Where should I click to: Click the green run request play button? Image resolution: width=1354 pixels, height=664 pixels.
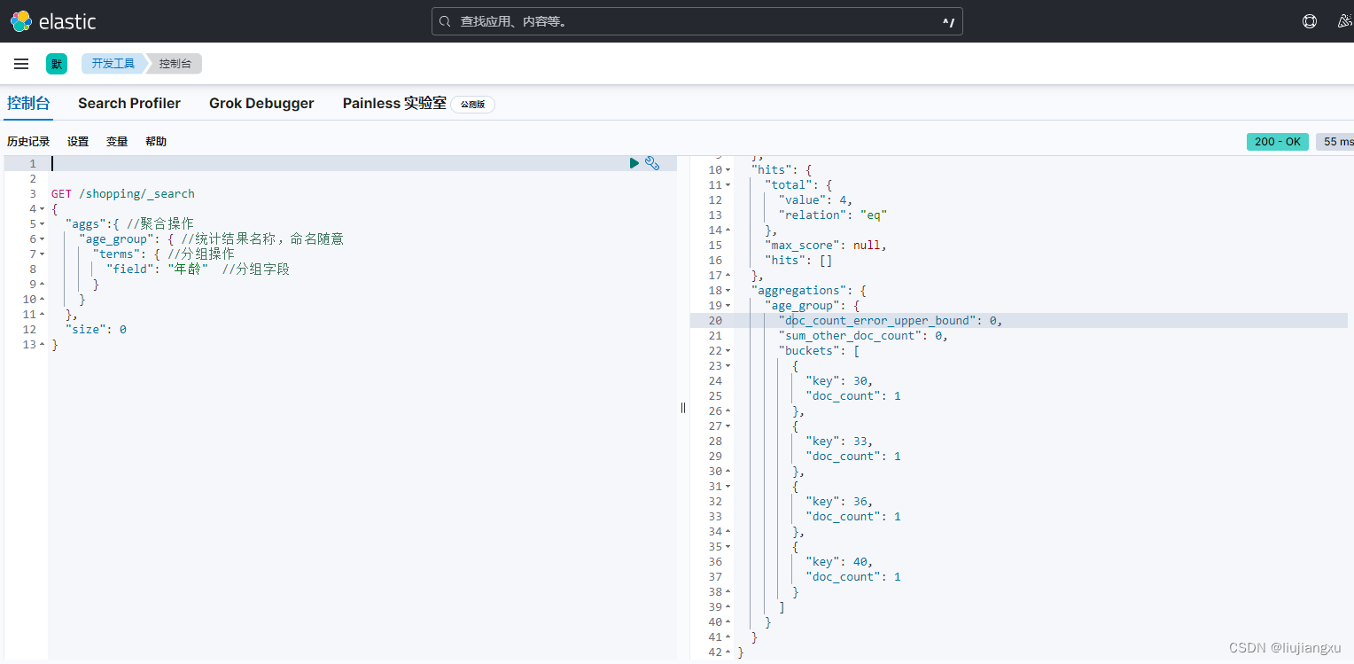634,163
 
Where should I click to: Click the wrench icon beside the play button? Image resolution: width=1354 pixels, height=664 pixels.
652,163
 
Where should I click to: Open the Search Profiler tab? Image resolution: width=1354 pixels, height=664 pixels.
129,104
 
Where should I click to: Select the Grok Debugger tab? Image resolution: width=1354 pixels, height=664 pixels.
261,104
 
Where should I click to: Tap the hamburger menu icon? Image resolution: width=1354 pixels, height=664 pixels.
21,64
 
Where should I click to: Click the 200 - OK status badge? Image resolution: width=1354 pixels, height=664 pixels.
1277,142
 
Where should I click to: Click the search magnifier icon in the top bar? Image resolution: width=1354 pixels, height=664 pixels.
445,22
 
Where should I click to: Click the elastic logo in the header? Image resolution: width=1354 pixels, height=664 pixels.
53,21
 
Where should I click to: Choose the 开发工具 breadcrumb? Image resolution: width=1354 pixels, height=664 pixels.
113,64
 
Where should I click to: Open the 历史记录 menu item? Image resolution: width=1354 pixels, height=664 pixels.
28,142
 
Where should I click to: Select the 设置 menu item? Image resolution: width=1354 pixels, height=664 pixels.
78,142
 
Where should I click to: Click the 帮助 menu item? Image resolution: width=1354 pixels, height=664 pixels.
156,142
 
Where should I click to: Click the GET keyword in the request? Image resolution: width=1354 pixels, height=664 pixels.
61,193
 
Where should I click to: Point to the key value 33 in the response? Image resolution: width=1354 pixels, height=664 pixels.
860,441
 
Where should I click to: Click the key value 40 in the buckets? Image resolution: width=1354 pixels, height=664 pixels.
860,562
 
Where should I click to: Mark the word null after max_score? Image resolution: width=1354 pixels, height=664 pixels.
867,246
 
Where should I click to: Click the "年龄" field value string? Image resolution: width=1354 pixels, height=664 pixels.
188,270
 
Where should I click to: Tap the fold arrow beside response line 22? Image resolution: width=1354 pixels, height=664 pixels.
728,351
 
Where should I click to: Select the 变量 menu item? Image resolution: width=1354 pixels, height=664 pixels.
117,142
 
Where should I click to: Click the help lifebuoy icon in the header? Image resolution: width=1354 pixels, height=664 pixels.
1310,22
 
